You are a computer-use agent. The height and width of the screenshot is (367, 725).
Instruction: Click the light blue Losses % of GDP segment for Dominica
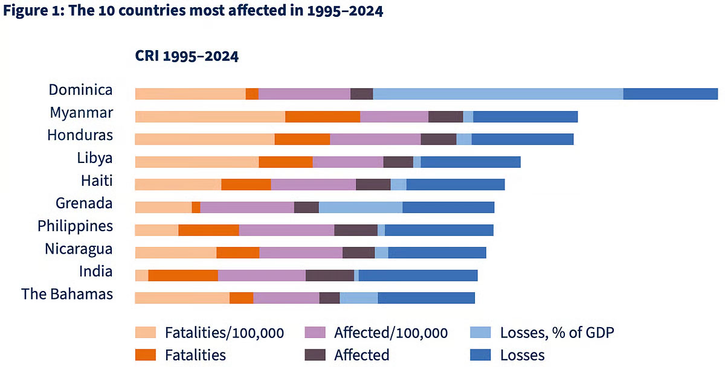tap(498, 94)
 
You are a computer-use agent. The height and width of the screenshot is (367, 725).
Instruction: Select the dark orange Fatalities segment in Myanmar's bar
tap(323, 116)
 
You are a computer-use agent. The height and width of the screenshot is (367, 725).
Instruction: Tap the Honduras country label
tap(80, 135)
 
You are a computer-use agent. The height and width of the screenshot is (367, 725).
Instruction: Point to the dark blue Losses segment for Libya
tap(471, 162)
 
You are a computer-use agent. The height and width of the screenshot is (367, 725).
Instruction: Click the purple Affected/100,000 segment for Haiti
tap(313, 184)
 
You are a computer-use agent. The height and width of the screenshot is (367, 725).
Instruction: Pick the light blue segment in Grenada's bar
tap(361, 207)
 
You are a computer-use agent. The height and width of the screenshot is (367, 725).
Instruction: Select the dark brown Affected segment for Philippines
tap(356, 230)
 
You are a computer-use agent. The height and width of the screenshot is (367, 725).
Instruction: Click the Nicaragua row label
tap(79, 249)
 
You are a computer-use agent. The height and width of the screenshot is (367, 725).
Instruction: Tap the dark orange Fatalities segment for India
tap(183, 275)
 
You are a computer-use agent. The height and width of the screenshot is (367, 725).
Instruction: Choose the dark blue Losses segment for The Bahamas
tap(426, 298)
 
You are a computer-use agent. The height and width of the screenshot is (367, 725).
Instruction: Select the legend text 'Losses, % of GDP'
tap(557, 333)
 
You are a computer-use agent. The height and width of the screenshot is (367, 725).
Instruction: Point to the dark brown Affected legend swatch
tap(314, 354)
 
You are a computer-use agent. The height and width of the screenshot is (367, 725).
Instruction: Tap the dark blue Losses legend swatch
tap(482, 354)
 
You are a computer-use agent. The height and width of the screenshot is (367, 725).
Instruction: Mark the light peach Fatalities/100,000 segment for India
tap(141, 275)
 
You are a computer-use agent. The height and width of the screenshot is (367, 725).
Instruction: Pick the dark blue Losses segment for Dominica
tap(670, 94)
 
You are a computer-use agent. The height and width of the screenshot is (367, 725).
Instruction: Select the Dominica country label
tap(80, 90)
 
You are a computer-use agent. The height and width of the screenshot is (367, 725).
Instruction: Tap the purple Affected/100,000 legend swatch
tap(314, 333)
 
